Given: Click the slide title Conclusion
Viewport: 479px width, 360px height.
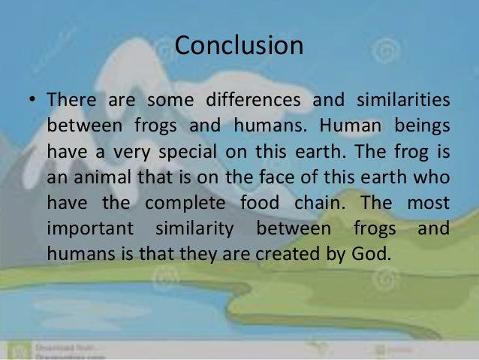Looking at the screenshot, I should (x=239, y=47).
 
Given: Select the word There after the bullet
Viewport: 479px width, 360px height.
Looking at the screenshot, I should (x=68, y=100).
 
